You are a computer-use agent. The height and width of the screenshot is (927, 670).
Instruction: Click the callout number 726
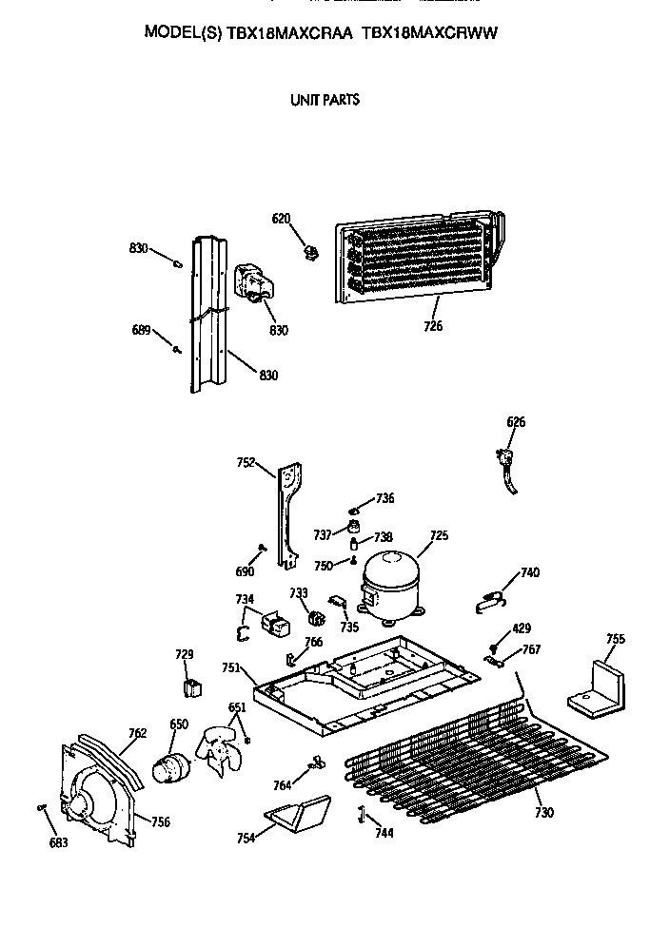pyautogui.click(x=434, y=327)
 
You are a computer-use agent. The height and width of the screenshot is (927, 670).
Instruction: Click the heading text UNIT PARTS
pyautogui.click(x=325, y=99)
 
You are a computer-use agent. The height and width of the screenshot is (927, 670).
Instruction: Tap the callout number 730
pyautogui.click(x=544, y=812)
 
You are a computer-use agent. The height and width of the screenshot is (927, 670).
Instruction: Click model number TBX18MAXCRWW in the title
pyautogui.click(x=430, y=31)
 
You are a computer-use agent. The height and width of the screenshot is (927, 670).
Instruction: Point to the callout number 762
pyautogui.click(x=138, y=732)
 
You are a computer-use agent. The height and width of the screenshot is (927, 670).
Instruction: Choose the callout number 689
pyautogui.click(x=141, y=330)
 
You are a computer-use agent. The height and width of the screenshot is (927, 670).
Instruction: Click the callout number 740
pyautogui.click(x=530, y=572)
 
